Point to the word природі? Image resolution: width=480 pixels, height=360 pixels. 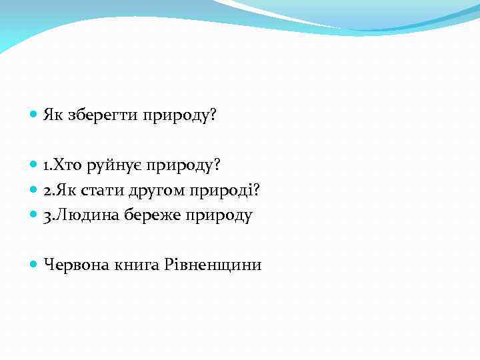(224, 191)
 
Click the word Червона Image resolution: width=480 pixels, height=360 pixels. (75, 265)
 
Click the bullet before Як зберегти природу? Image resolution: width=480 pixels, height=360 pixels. (34, 115)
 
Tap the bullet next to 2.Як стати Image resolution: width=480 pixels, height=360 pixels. (34, 191)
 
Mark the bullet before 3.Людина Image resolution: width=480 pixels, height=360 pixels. (34, 215)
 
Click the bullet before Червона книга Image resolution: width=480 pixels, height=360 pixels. (34, 265)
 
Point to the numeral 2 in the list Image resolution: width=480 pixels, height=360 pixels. (47, 191)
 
